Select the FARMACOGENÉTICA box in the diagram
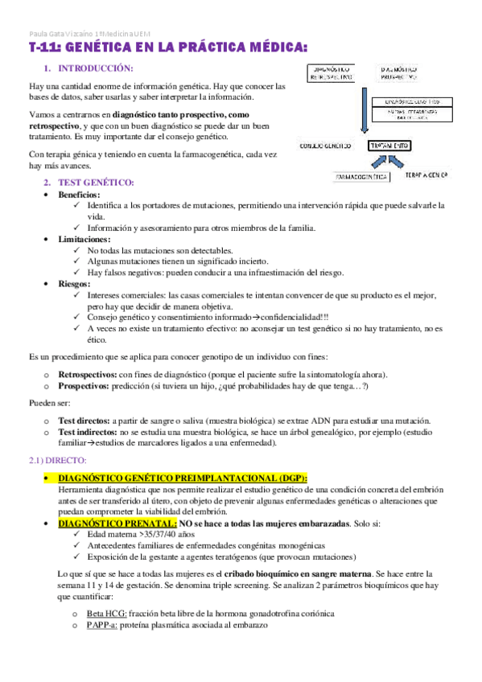tap(360, 175)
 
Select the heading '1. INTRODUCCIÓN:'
tap(89, 69)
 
